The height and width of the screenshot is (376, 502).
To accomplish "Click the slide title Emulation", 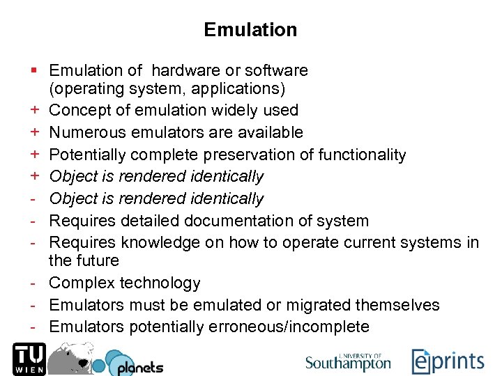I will point(250,30).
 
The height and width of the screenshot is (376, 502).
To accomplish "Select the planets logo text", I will point(139,367).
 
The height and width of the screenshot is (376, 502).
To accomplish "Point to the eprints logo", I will point(448,361).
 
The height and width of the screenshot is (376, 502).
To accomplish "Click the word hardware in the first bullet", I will point(181,70).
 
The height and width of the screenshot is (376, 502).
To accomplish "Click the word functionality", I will point(362,155).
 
